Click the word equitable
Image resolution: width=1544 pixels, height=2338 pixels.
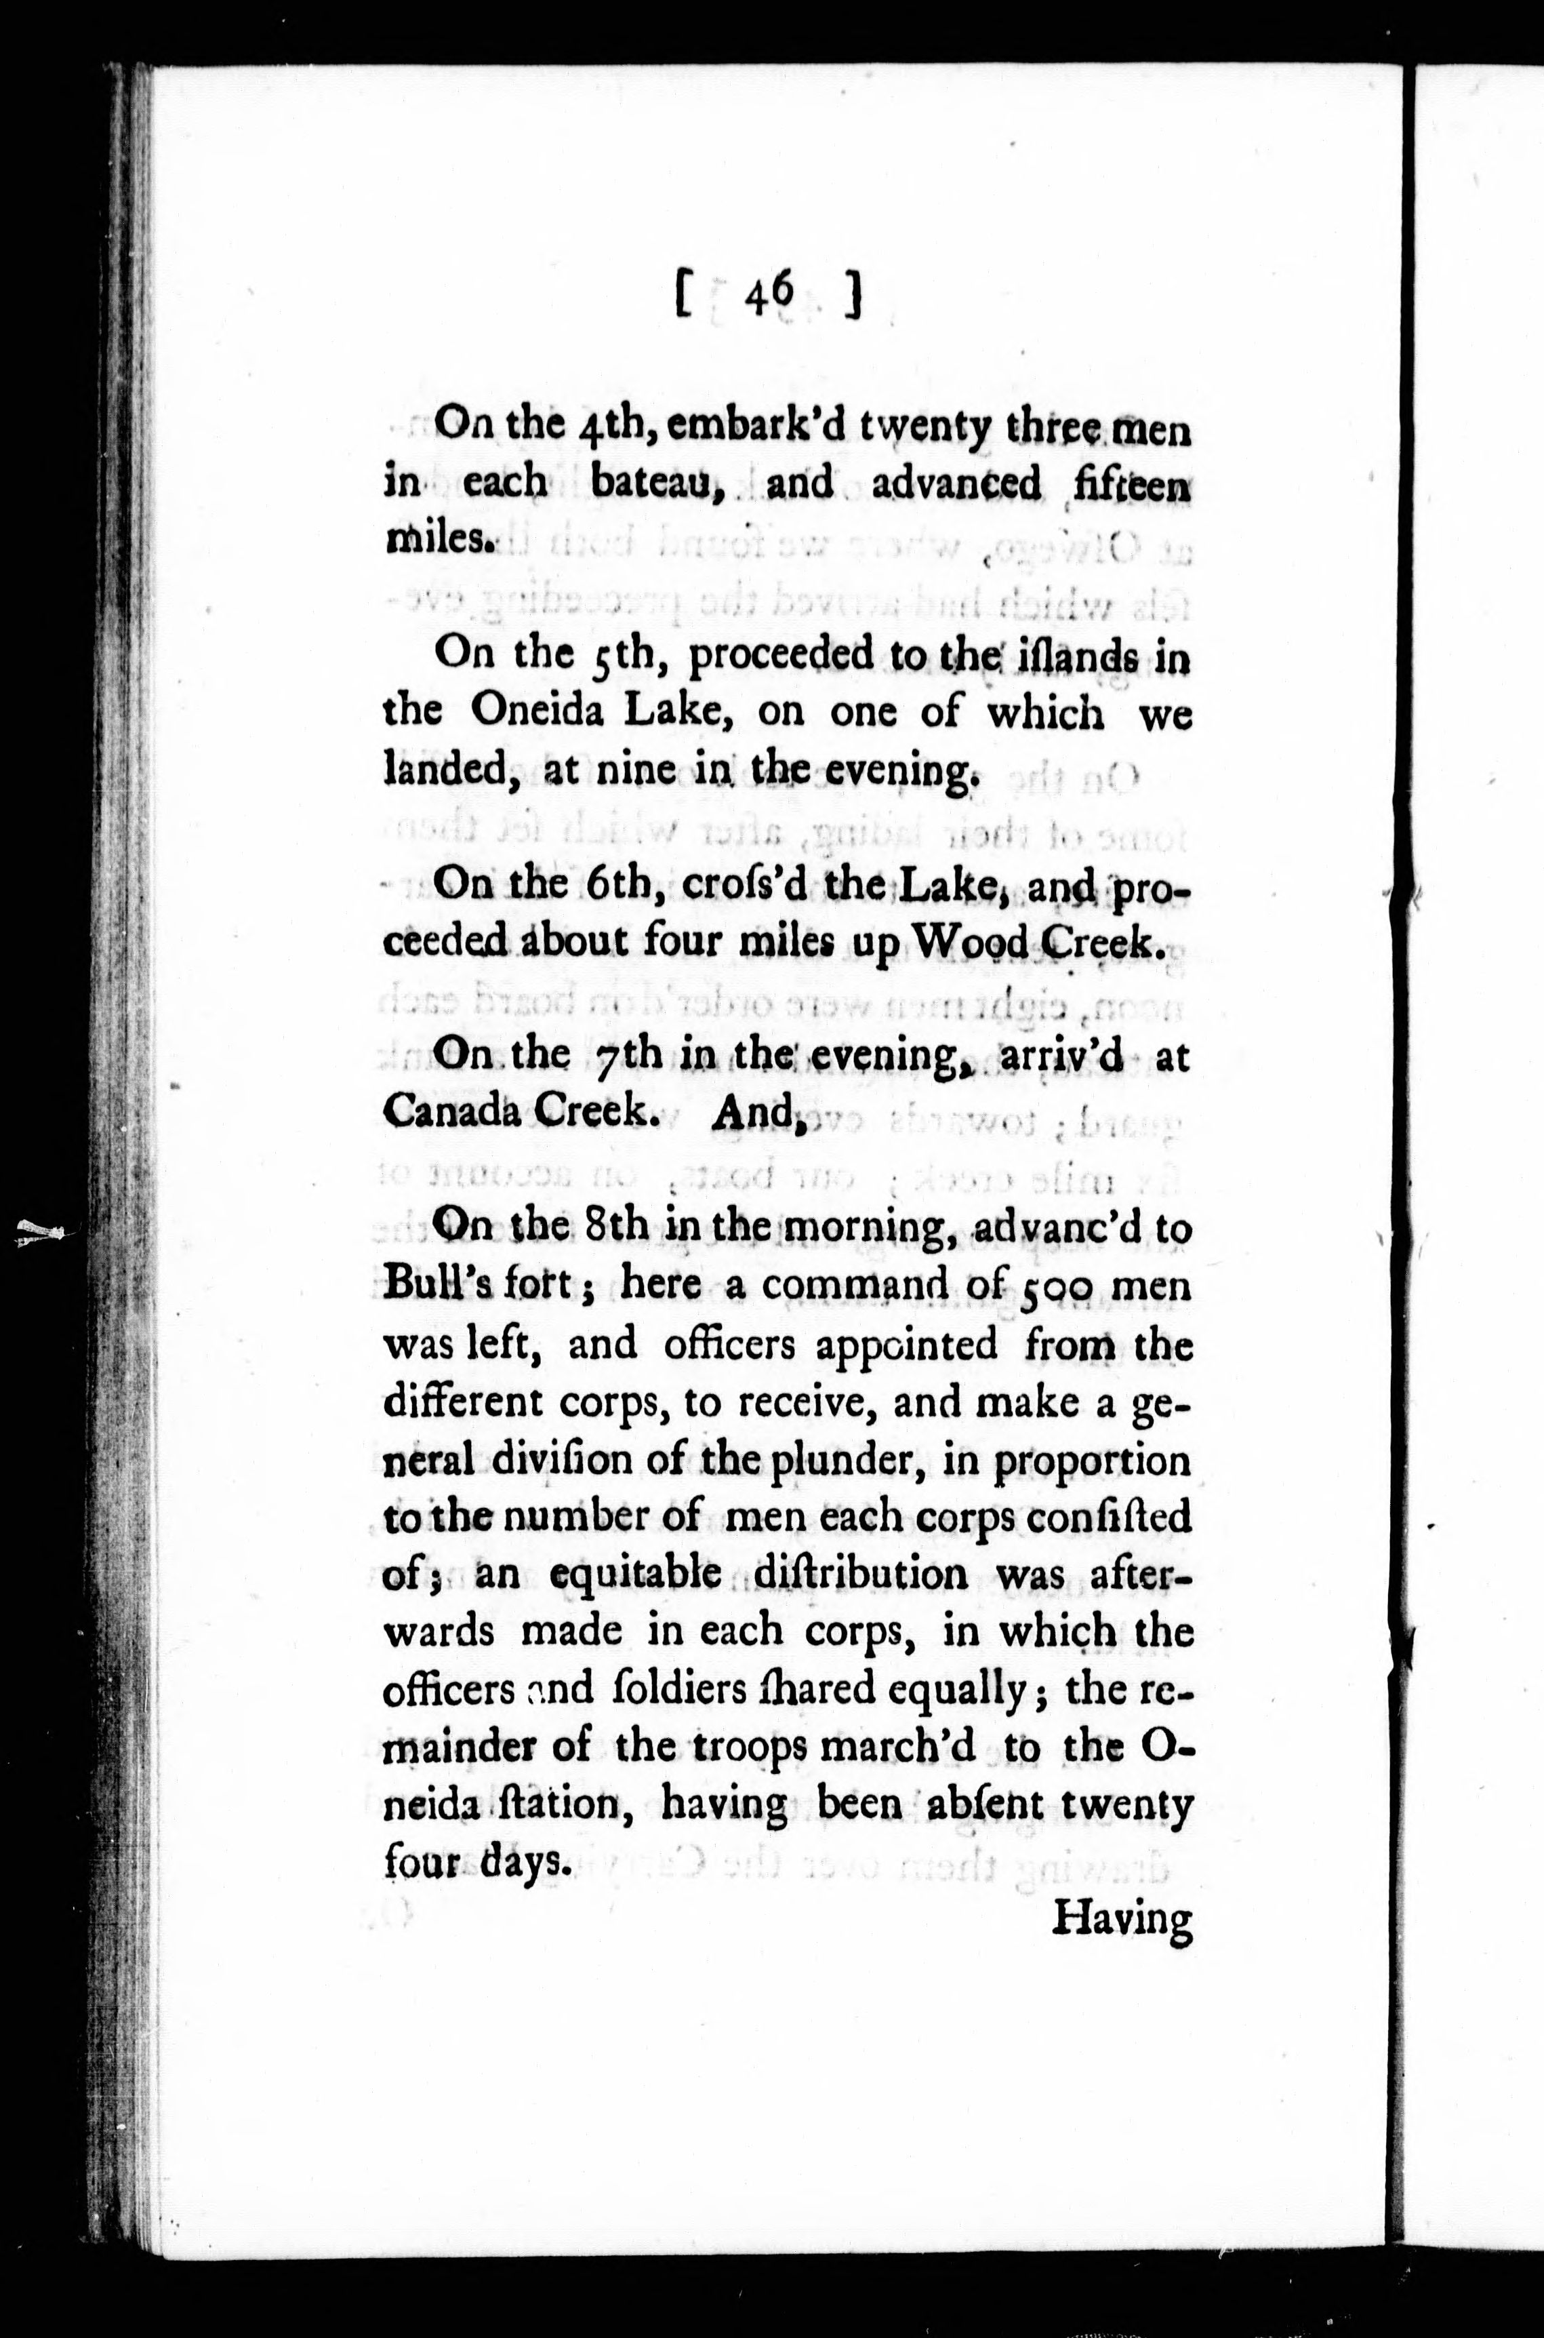(635, 1574)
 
